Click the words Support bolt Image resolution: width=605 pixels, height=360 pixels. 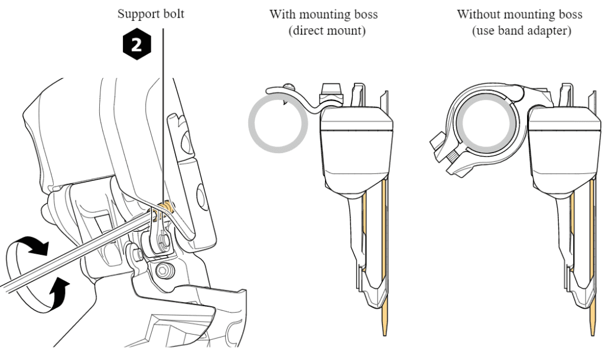click(x=151, y=13)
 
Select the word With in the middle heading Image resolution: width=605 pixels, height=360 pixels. click(x=282, y=14)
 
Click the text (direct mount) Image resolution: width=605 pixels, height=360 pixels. click(x=326, y=30)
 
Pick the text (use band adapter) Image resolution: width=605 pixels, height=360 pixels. click(x=521, y=30)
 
